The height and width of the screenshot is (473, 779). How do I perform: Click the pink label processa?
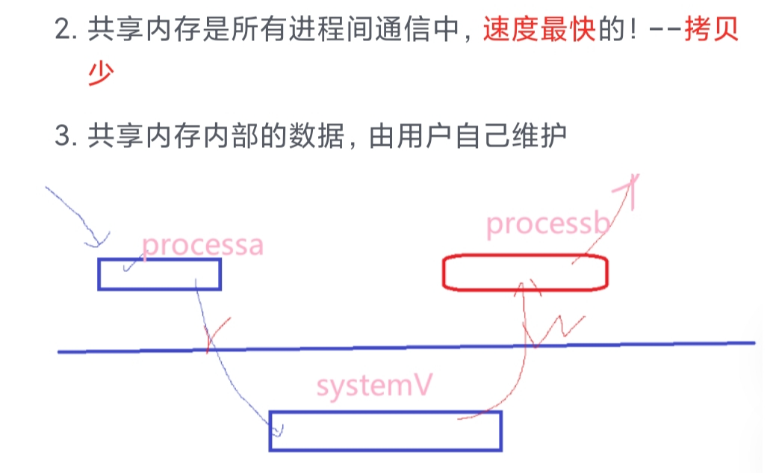tap(202, 245)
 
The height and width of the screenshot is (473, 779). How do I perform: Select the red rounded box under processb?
tap(524, 273)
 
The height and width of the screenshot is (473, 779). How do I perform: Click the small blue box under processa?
tap(159, 274)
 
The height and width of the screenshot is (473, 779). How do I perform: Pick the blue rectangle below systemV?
tap(385, 431)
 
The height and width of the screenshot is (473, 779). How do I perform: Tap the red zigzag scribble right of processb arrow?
tap(561, 330)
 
